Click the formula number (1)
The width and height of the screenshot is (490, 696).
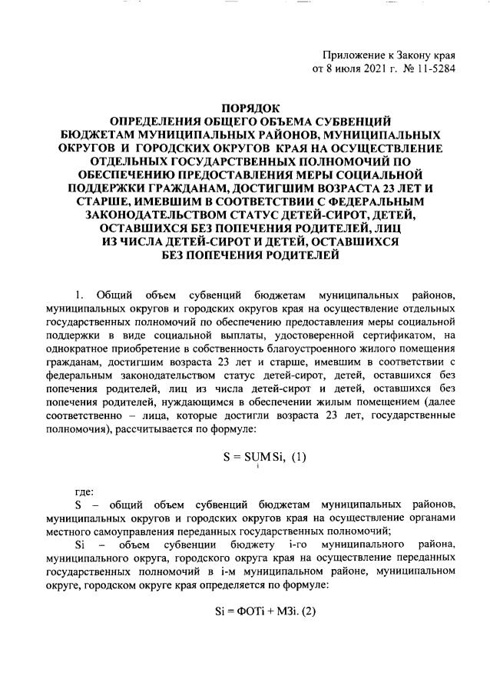click(297, 455)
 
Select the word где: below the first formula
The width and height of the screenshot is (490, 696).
click(85, 489)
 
